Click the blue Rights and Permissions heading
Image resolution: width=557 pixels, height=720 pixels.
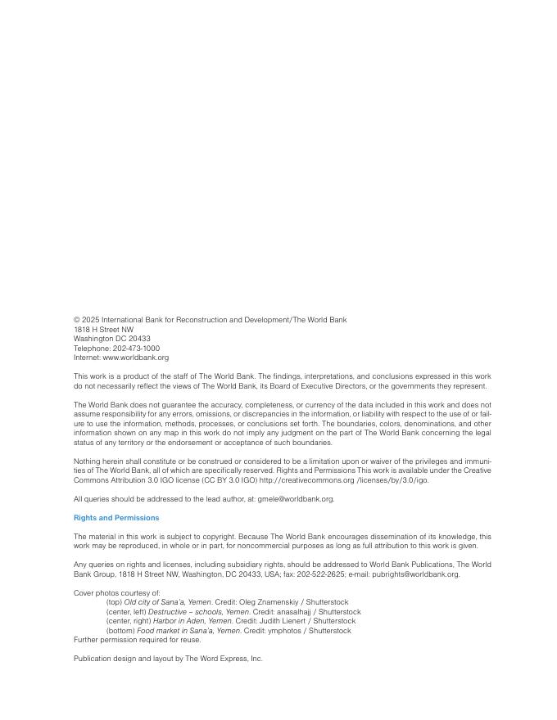tap(116, 518)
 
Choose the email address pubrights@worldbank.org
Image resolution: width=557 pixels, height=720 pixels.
tap(415, 574)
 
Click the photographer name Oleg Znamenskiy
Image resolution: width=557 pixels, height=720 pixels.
tap(267, 602)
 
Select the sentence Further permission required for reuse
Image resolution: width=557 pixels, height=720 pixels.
tap(137, 640)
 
